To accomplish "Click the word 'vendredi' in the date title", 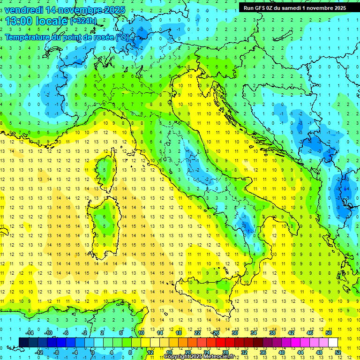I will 23,10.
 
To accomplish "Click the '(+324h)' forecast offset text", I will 83,21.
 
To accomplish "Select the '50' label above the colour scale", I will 328,333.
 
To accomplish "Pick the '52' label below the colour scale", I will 338,352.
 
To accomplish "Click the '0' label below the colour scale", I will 93,352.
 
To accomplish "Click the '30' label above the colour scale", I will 234,333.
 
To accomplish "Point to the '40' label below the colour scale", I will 282,352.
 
